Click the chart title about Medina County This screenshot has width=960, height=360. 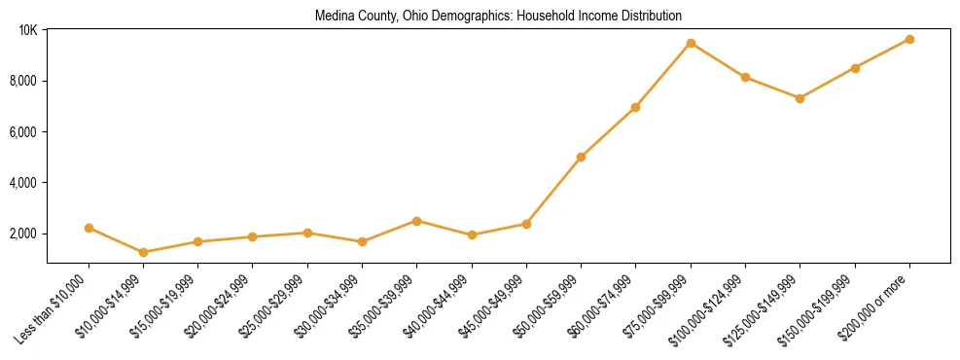pos(498,17)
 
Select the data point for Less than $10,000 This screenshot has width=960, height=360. pos(89,228)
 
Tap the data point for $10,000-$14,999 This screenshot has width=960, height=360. pos(144,252)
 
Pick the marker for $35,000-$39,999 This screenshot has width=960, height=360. pos(417,221)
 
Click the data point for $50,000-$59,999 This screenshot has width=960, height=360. pos(581,157)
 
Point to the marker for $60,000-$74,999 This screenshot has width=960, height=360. pos(635,107)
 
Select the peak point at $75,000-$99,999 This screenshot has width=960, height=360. pos(691,43)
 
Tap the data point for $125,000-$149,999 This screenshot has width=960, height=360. pos(800,98)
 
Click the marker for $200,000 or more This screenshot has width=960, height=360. pos(909,39)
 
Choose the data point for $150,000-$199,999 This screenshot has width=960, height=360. pos(855,68)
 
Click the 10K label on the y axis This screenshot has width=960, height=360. pos(28,30)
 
